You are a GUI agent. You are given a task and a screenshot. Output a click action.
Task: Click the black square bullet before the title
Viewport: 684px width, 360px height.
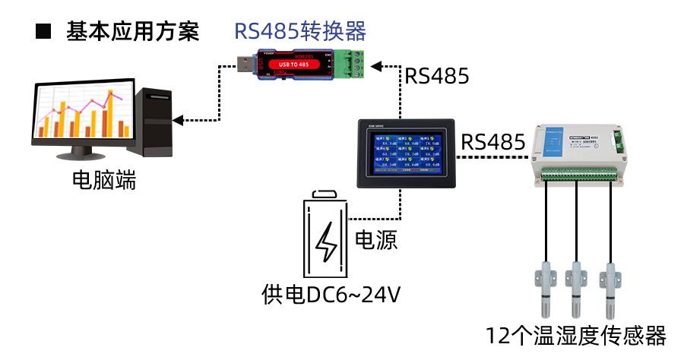point(43,32)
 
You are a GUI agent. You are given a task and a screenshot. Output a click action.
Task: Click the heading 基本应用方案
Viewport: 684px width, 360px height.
point(133,32)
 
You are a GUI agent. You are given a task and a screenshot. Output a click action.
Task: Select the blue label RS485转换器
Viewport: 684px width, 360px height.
point(300,31)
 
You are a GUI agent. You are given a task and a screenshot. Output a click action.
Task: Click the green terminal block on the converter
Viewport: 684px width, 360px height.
point(351,63)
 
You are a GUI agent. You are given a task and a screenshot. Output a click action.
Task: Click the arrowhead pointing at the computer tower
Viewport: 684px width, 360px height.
point(179,119)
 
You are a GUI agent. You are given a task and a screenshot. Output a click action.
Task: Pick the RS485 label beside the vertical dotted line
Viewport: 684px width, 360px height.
point(436,76)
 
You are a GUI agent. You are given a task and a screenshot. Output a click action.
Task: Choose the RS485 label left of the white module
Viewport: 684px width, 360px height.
point(493,141)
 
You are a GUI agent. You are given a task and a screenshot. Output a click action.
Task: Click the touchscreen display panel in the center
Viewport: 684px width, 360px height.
point(406,153)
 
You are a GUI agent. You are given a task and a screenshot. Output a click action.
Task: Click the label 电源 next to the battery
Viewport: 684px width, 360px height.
point(376,241)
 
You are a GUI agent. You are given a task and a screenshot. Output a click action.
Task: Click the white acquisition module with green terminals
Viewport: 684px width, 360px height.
point(587,152)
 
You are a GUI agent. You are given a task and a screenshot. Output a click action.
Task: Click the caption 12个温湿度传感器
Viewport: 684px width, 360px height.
point(577,335)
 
